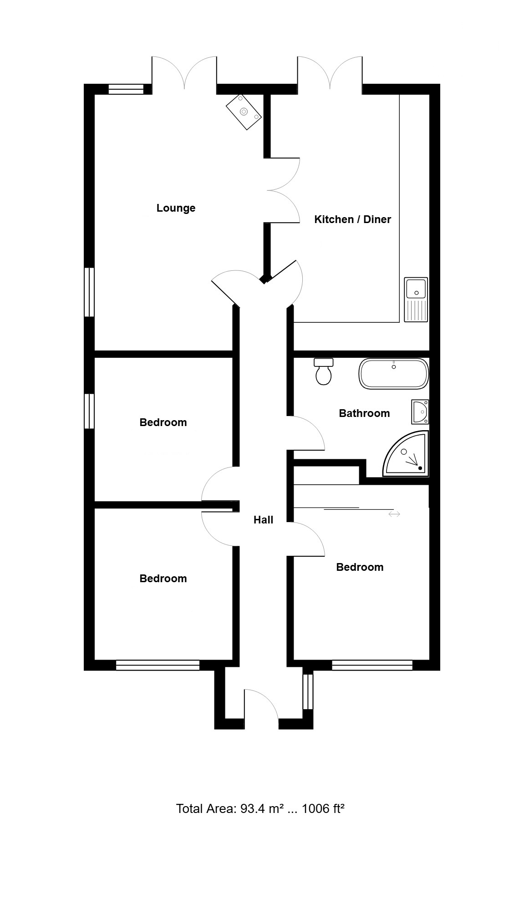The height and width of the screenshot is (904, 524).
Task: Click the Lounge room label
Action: pyautogui.click(x=176, y=208)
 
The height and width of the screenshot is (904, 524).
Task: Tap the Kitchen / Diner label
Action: pyautogui.click(x=352, y=219)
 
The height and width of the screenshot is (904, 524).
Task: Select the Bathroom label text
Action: pyautogui.click(x=364, y=413)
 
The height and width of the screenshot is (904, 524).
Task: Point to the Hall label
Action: pyautogui.click(x=263, y=520)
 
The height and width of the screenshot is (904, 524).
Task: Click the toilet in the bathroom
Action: pyautogui.click(x=324, y=371)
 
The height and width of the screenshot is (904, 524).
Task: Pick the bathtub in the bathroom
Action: pyautogui.click(x=394, y=374)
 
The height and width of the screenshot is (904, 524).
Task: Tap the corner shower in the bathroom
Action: pyautogui.click(x=406, y=454)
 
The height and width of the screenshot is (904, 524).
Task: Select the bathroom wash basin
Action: pyautogui.click(x=420, y=412)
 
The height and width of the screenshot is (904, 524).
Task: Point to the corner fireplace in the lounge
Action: pyautogui.click(x=244, y=112)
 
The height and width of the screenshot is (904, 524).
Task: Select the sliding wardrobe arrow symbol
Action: pyautogui.click(x=394, y=514)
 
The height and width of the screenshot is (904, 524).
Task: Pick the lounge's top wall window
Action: pyautogui.click(x=126, y=89)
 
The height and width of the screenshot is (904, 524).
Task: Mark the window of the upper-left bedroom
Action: pyautogui.click(x=89, y=411)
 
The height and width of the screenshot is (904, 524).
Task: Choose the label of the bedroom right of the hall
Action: pyautogui.click(x=360, y=567)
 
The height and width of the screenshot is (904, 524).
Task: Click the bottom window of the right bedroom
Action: pyautogui.click(x=372, y=665)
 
